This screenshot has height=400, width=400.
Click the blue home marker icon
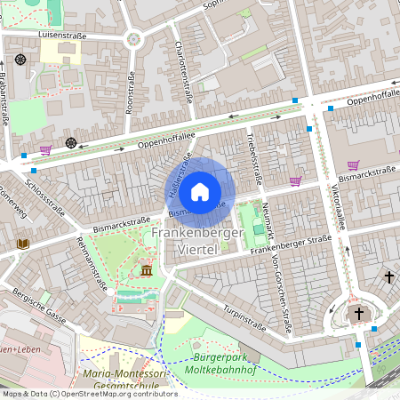[200, 190]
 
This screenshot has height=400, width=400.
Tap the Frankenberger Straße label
[290, 244]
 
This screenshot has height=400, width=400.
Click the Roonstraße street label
[130, 93]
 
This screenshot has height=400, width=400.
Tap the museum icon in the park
[146, 270]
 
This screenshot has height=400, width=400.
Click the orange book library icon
[24, 244]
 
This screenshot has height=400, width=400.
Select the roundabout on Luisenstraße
[134, 38]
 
